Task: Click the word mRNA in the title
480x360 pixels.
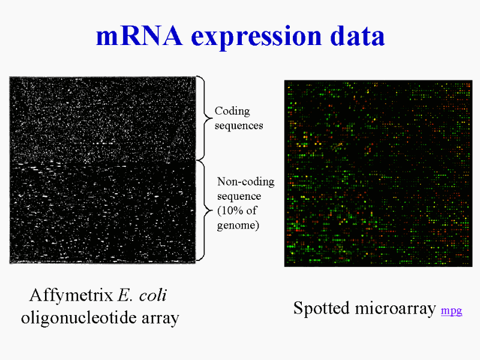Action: click(x=139, y=36)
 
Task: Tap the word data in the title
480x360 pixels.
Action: click(x=357, y=35)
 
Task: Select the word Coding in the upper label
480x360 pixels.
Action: click(x=232, y=111)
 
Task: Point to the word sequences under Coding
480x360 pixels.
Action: click(x=239, y=125)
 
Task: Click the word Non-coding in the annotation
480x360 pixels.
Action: click(x=245, y=182)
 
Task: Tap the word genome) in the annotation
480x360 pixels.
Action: click(x=238, y=226)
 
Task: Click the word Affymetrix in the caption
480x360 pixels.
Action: click(x=71, y=295)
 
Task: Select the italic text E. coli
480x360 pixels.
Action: click(x=142, y=295)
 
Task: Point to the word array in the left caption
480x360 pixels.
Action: click(x=160, y=319)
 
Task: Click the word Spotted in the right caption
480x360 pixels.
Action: click(x=321, y=308)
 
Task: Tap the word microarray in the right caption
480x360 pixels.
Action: click(x=395, y=308)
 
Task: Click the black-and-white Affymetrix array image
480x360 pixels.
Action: click(x=102, y=170)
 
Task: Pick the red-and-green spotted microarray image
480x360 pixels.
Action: click(x=379, y=173)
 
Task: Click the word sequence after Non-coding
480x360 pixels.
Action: click(x=239, y=197)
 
